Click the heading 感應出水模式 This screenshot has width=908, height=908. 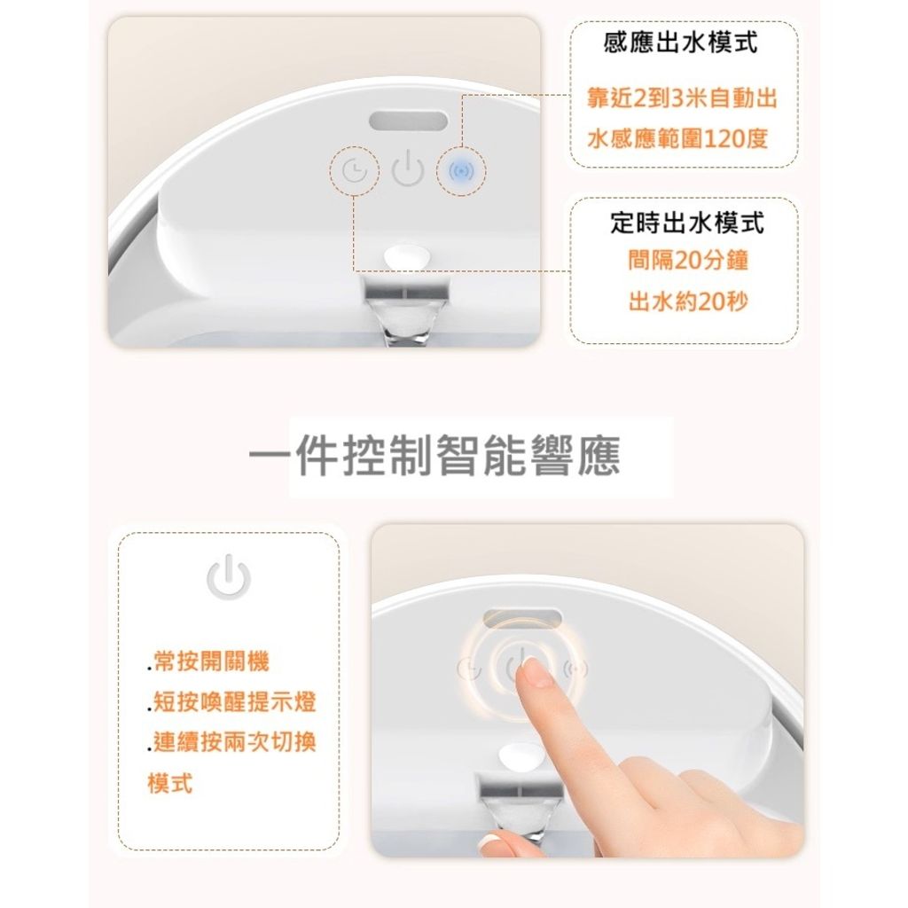point(680,43)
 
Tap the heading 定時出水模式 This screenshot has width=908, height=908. point(687,223)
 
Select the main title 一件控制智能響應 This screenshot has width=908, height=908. point(434,456)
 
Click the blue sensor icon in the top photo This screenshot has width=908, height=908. point(461,171)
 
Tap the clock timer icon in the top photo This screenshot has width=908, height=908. point(355,171)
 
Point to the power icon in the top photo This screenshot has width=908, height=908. point(408,168)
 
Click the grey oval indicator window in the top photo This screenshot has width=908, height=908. point(409,122)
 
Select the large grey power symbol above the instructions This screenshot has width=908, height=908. point(229,576)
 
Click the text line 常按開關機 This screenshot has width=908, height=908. point(208,661)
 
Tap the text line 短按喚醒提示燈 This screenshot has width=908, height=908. point(231,702)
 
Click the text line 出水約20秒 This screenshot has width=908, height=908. point(688,301)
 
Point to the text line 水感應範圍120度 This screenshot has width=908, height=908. point(677,139)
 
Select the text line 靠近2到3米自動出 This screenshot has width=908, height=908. point(682,98)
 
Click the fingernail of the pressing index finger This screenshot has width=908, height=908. point(537,674)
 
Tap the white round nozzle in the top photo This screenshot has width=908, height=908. point(408,256)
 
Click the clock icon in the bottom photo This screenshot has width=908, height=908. point(469,669)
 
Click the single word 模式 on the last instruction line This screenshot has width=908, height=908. point(170,783)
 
